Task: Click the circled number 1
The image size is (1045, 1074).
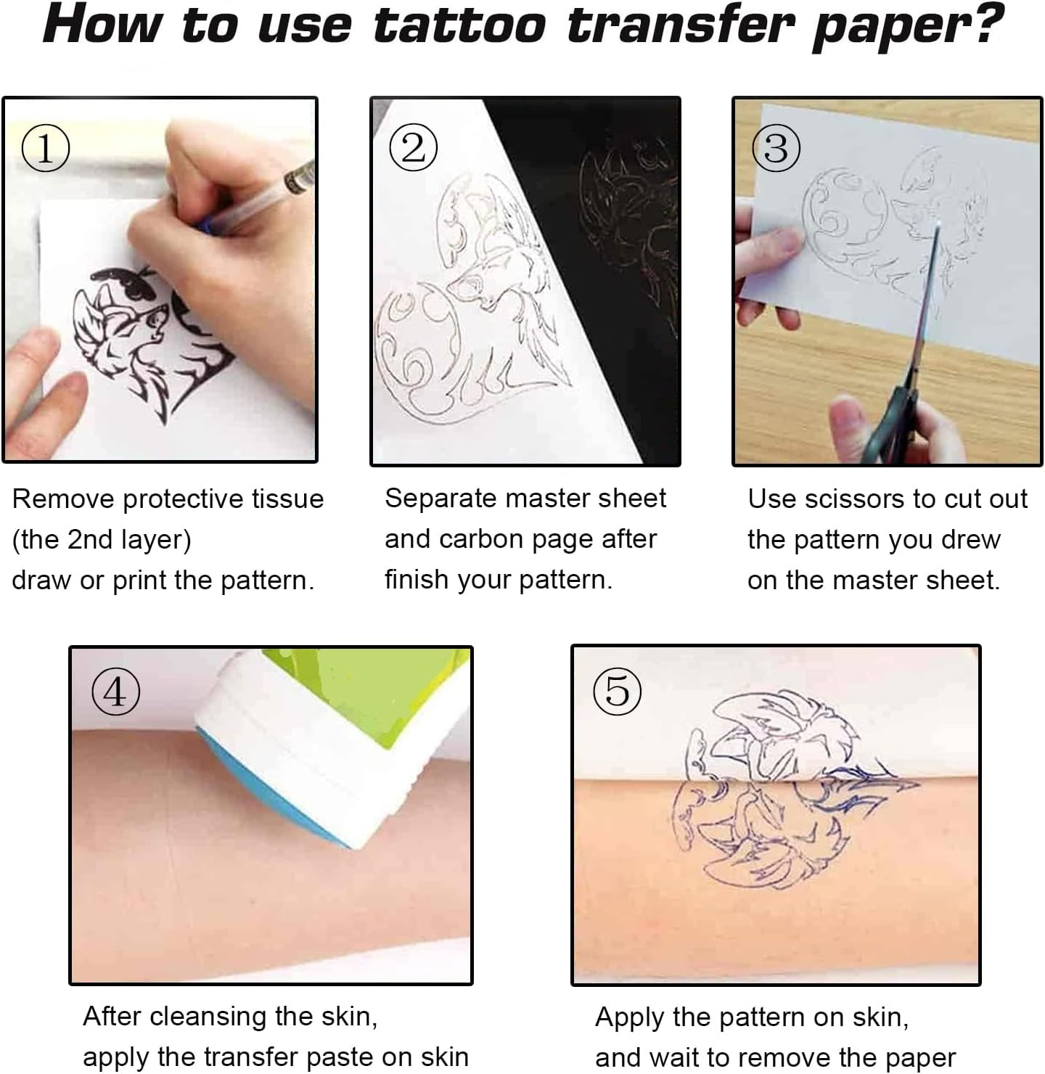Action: [x=45, y=148]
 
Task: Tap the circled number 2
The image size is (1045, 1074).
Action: [x=413, y=148]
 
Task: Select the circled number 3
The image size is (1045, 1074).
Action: [x=776, y=148]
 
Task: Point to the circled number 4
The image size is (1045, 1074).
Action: [x=115, y=692]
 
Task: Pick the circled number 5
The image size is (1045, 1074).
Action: [x=617, y=690]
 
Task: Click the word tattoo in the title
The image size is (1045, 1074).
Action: [x=459, y=26]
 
